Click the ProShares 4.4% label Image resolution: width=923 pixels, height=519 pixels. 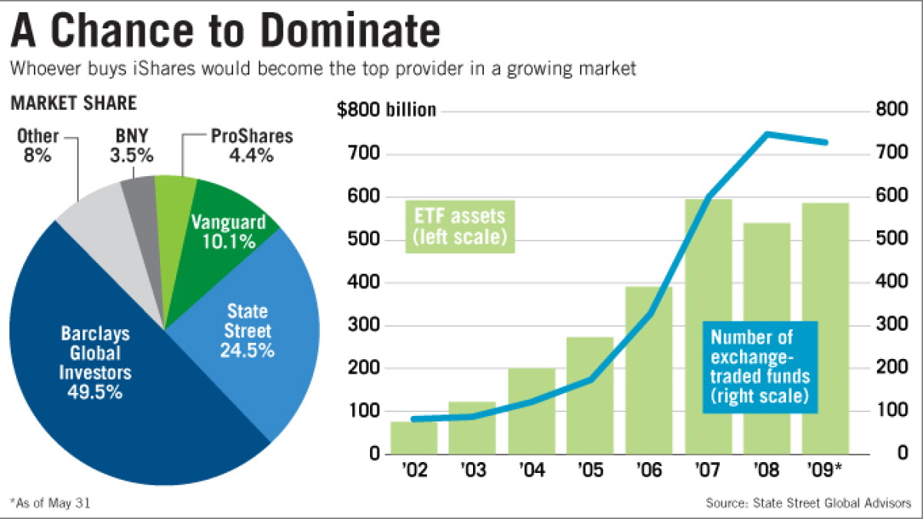tap(252, 146)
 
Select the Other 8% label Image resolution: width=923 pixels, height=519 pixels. tap(38, 146)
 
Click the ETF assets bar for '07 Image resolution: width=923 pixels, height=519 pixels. tap(708, 327)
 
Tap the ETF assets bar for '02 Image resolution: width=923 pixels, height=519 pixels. tap(414, 437)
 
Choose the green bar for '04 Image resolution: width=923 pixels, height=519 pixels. tap(532, 411)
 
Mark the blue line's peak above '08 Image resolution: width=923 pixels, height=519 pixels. tap(768, 134)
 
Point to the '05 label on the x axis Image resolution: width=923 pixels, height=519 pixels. tap(591, 470)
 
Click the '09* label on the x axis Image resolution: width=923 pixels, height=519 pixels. tap(824, 470)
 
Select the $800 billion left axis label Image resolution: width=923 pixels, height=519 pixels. tap(386, 110)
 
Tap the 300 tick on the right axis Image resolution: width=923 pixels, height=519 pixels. tap(891, 324)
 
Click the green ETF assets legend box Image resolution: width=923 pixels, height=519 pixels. tap(460, 227)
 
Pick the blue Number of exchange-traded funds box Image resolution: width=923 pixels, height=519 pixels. tap(760, 367)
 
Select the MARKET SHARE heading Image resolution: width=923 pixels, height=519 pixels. tap(73, 103)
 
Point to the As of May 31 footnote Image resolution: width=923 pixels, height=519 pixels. tap(50, 503)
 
